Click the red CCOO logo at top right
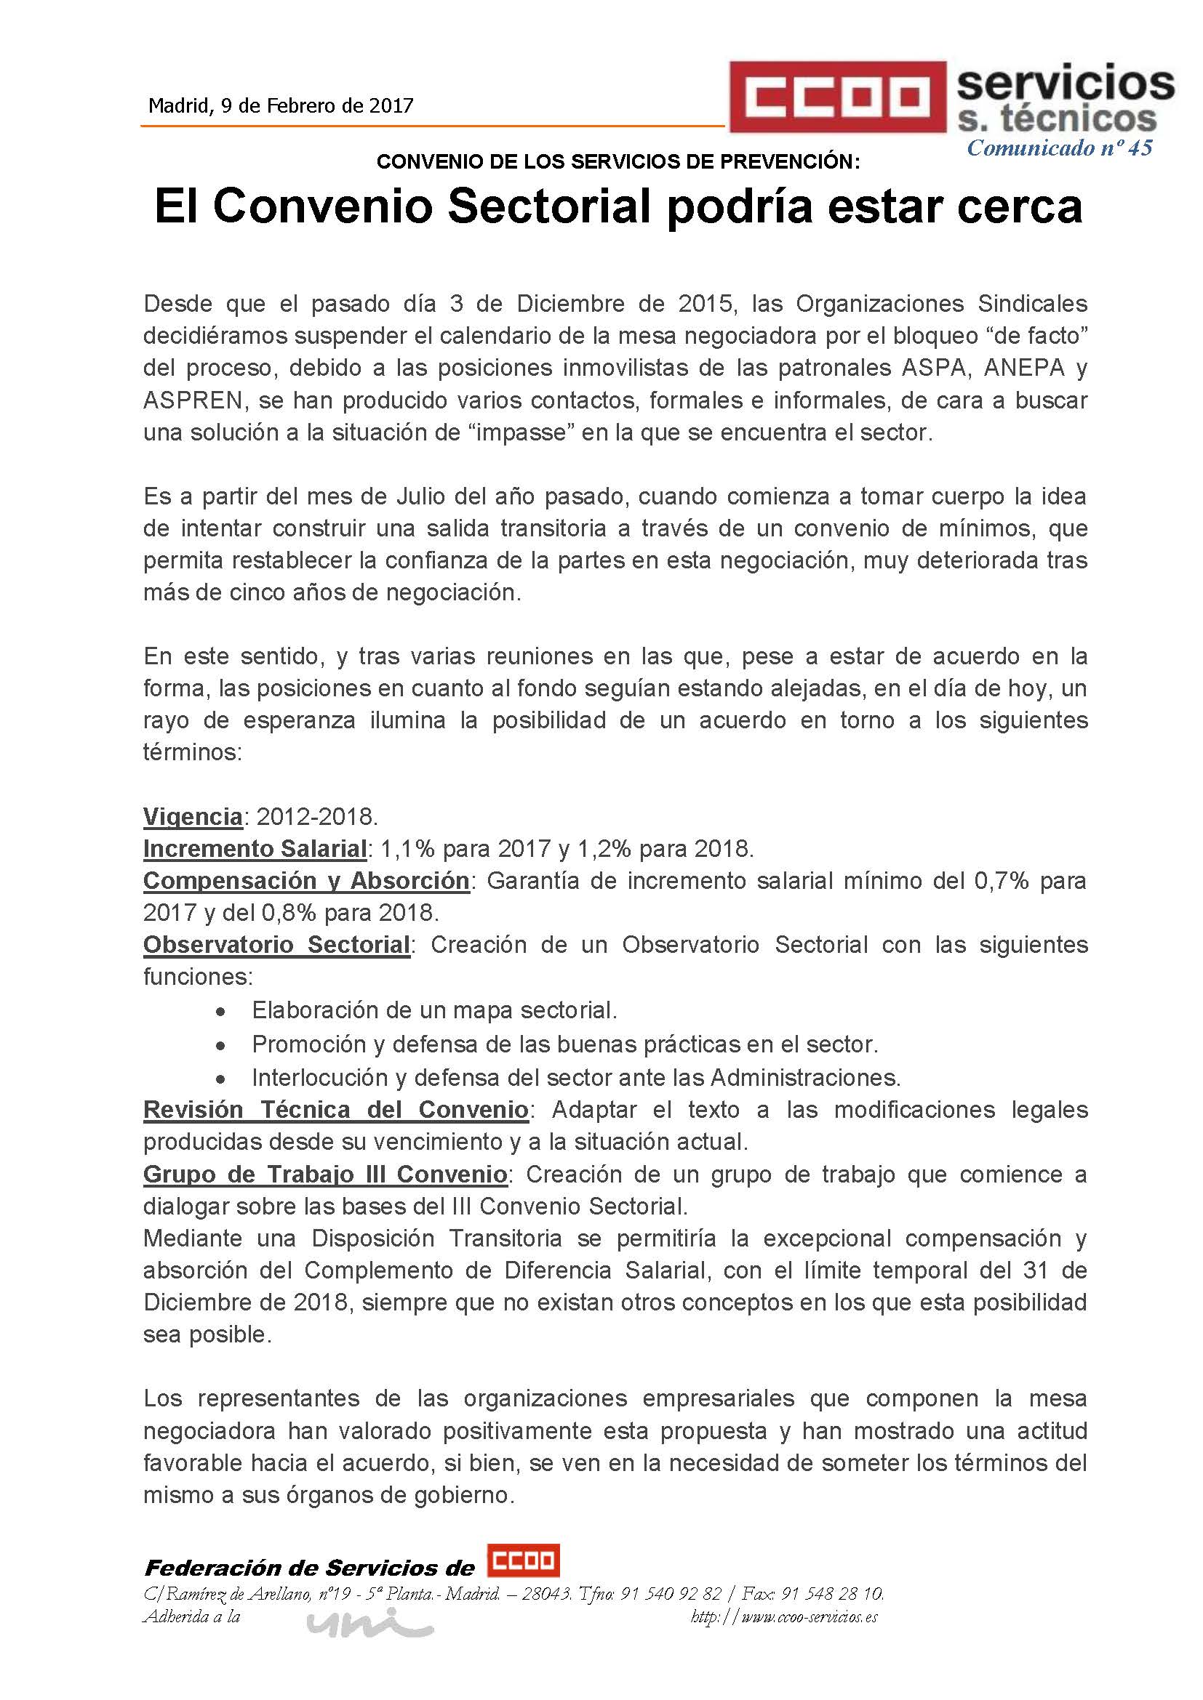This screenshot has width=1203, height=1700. (x=838, y=97)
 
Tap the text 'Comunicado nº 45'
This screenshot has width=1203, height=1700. (x=1059, y=148)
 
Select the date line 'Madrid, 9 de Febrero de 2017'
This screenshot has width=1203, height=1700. (x=281, y=106)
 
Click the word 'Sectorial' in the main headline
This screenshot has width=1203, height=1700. (x=549, y=206)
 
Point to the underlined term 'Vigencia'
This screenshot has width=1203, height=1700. (x=193, y=817)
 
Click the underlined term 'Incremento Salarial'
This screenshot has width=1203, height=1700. (x=255, y=848)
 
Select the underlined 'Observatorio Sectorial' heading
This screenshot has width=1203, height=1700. (x=276, y=945)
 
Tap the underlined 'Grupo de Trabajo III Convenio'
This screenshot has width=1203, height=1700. (x=325, y=1175)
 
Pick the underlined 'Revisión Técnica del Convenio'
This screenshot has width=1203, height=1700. (x=335, y=1110)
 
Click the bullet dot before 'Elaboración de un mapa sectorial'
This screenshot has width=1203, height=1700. (x=220, y=1012)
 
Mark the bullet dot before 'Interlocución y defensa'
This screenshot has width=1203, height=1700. (x=220, y=1079)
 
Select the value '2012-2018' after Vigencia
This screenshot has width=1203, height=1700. (x=316, y=817)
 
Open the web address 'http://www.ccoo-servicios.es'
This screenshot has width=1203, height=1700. (x=784, y=1617)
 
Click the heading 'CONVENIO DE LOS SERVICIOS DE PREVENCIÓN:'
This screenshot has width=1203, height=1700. (x=618, y=162)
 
